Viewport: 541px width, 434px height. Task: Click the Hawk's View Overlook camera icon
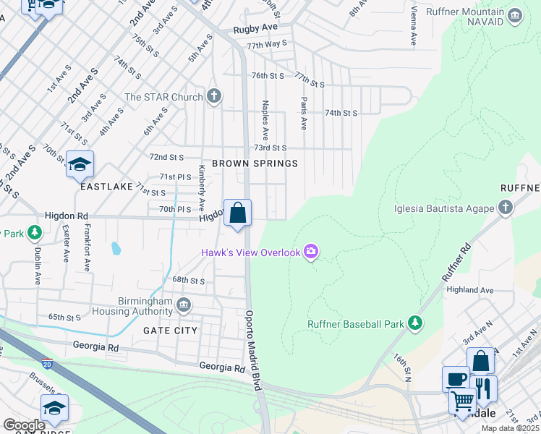pos(311,252)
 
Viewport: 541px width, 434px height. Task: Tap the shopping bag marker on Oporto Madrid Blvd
pos(237,213)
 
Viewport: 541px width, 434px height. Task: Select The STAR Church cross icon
pos(213,96)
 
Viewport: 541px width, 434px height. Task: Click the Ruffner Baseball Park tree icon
pos(415,324)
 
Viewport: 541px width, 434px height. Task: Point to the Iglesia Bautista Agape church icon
pos(506,209)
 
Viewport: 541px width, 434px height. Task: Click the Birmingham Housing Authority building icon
pos(184,305)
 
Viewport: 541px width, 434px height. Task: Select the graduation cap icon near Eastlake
pos(80,165)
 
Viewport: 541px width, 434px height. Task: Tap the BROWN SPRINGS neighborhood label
pos(255,163)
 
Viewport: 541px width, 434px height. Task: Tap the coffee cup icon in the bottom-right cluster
pos(455,378)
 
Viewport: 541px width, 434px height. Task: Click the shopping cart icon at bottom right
pos(461,399)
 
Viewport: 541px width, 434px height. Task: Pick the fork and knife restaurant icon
pos(483,389)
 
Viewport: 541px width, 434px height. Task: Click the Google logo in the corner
pos(25,425)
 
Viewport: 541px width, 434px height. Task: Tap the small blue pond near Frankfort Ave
pos(116,249)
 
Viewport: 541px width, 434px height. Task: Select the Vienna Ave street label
pos(413,29)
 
